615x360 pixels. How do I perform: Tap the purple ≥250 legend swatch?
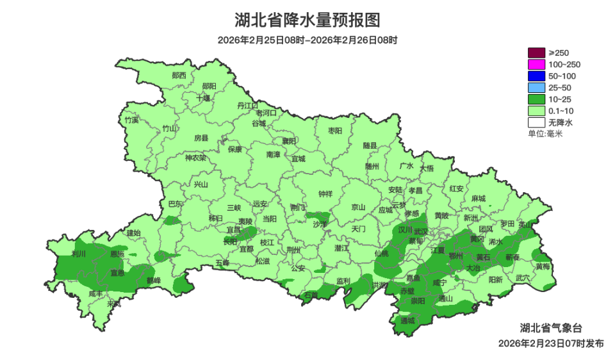pyautogui.click(x=536, y=53)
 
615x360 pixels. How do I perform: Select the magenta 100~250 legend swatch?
pyautogui.click(x=536, y=64)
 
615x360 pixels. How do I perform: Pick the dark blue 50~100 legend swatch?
pyautogui.click(x=536, y=76)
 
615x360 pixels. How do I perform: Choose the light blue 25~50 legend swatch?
pyautogui.click(x=536, y=87)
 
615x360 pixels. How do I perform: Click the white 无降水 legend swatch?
pyautogui.click(x=536, y=122)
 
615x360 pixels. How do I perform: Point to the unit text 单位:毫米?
pyautogui.click(x=545, y=133)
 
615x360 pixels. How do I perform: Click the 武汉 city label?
pyautogui.click(x=421, y=231)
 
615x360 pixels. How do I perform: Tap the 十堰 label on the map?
pyautogui.click(x=202, y=98)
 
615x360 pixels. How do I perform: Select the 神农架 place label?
pyautogui.click(x=195, y=158)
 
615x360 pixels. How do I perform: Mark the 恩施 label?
pyautogui.click(x=117, y=254)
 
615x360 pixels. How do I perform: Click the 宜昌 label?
pyautogui.click(x=234, y=229)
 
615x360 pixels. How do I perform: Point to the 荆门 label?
pyautogui.click(x=298, y=208)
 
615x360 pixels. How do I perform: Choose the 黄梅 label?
pyautogui.click(x=543, y=266)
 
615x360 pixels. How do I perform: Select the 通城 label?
pyautogui.click(x=407, y=320)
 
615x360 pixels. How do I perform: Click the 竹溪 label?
pyautogui.click(x=131, y=120)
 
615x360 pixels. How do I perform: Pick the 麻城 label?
pyautogui.click(x=478, y=199)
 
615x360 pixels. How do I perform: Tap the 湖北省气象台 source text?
pyautogui.click(x=551, y=328)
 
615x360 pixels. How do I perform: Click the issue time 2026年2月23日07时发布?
pyautogui.click(x=551, y=343)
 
